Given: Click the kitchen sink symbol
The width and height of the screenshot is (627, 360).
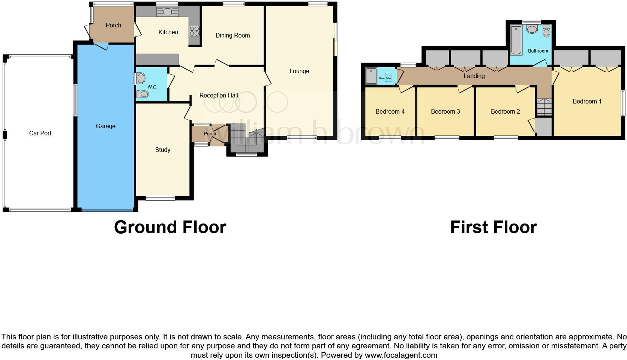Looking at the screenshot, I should pos(168,12).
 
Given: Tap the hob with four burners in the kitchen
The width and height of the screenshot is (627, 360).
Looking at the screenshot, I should pos(194,30).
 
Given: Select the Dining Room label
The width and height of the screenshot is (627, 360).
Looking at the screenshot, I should pos(232,35).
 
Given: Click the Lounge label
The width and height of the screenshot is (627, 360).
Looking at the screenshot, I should pos(299,71).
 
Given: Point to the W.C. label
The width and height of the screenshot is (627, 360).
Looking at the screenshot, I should pos(152,87).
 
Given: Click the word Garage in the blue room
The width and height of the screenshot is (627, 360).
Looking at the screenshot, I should pos(105,126).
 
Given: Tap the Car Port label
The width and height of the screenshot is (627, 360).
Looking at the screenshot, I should pos(40,133).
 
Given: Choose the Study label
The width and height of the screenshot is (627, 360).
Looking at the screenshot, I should pos(163,150).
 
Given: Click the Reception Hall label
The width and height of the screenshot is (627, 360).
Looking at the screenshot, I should pos(219,95).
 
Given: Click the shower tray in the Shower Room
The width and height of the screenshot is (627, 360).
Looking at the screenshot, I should pos(371,76).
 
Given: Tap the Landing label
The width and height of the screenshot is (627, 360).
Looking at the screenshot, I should pos(474,76).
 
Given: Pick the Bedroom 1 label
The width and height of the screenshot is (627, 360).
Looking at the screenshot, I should pos(587,101).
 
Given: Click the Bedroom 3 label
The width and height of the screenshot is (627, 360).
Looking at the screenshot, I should pos(445,111).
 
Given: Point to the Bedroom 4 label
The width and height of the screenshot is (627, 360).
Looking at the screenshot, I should pos(390,111).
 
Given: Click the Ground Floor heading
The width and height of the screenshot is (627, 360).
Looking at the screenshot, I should pos(170,227).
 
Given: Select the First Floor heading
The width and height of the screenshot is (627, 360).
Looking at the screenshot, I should pos(493,227).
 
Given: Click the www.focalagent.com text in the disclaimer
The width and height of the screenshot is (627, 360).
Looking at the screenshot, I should pos(401,355).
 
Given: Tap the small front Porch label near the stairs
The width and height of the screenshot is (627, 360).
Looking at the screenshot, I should pos(210,134).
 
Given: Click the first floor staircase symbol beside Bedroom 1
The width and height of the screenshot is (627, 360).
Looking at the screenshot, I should pos(544,107).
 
